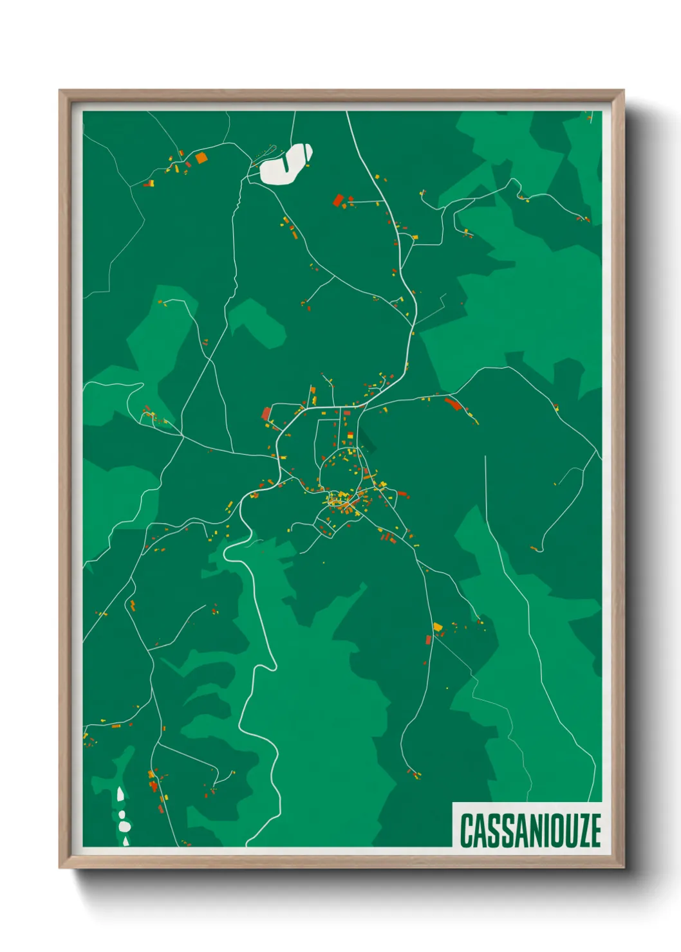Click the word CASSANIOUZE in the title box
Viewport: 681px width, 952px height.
530,830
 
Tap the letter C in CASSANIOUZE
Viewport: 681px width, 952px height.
467,830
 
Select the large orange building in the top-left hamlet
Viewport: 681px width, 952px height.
201,157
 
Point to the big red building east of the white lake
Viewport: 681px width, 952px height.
338,200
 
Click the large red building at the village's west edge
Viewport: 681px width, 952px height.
266,413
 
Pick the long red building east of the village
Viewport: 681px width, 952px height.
452,404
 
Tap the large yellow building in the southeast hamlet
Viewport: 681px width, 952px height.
438,626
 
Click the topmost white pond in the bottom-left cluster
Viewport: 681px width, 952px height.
120,794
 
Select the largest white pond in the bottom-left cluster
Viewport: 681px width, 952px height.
124,825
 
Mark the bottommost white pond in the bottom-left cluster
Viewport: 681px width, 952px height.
126,840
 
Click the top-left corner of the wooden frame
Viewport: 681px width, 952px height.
61,91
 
